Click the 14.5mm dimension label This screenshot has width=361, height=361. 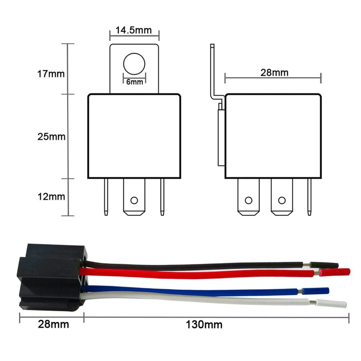coord(134,30)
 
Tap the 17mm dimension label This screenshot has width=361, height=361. coord(51,74)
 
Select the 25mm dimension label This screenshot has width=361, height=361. coord(51,137)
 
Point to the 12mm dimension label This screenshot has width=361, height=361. coord(51,197)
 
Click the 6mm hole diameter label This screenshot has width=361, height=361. coord(134,82)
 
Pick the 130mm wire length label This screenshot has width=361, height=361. coord(204,324)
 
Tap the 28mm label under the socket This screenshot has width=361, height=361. coord(53,324)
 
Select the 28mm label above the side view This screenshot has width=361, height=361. coord(274,73)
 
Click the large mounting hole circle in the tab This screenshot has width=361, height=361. coord(134,64)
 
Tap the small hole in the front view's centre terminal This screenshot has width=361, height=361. coord(134,200)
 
